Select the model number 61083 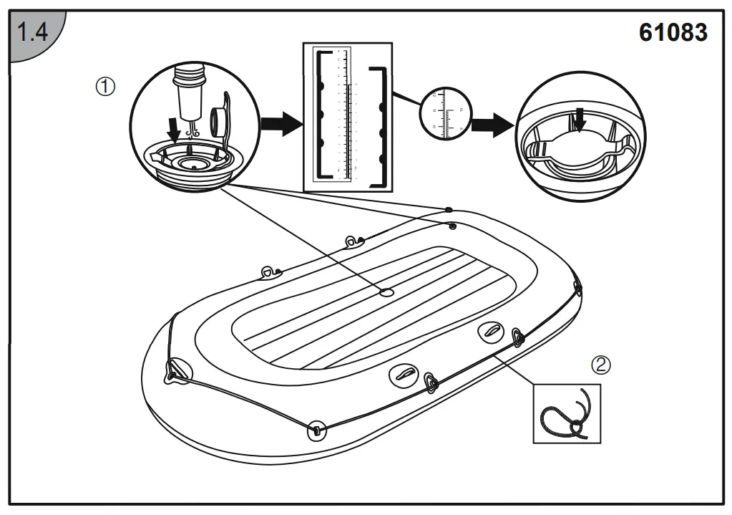673,33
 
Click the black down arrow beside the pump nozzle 172,130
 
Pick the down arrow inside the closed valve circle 580,120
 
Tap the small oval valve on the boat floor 386,292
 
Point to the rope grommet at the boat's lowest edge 315,430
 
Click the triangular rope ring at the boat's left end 175,370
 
